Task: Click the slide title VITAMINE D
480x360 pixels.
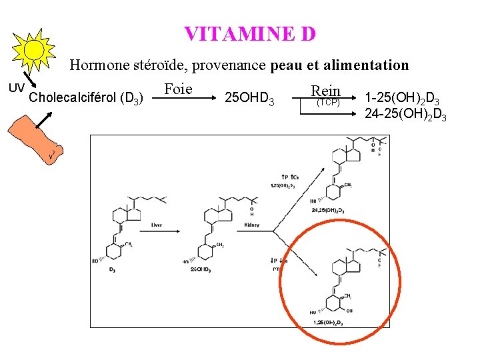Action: tap(249, 33)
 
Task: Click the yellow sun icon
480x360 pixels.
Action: tap(35, 49)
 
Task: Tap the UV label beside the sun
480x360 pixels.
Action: tap(16, 87)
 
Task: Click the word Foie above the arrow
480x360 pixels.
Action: tap(177, 89)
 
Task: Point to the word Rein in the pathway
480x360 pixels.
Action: tap(325, 91)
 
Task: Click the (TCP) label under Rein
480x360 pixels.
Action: tap(327, 103)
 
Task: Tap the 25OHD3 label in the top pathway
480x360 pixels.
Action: tap(250, 99)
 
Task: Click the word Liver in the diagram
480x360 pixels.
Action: tap(156, 225)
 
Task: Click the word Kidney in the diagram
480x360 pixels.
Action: tap(251, 225)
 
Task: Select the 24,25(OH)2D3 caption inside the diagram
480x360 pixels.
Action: tap(328, 210)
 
